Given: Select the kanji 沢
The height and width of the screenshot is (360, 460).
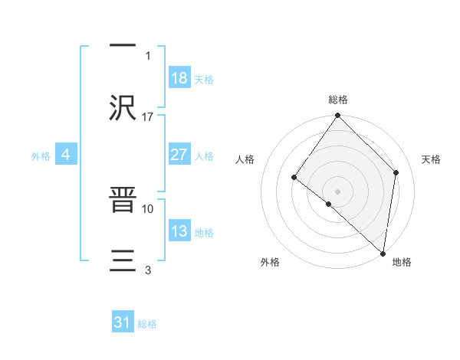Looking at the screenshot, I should point(123,106).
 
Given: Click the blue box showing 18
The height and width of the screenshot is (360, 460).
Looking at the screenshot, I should point(179,78).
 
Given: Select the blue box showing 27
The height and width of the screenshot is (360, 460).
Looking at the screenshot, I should point(179,155).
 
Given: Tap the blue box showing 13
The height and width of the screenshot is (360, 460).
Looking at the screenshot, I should point(179,231).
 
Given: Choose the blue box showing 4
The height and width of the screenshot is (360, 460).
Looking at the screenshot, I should point(66,155).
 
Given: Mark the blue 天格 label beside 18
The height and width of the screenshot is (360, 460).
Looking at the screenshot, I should point(204,79).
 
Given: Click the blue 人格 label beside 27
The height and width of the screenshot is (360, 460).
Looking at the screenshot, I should point(204,155).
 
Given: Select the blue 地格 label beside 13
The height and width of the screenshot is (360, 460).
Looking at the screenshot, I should point(204,232).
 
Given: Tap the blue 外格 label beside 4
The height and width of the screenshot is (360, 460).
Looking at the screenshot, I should point(41,155).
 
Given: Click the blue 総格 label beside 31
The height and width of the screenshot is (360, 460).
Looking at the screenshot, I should point(147,323).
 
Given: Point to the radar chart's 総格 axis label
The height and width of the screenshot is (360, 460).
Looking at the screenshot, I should point(338,100).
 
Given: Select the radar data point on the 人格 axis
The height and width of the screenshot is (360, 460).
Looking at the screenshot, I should point(294,177).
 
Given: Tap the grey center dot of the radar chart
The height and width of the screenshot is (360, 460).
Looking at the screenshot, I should point(338,191).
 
